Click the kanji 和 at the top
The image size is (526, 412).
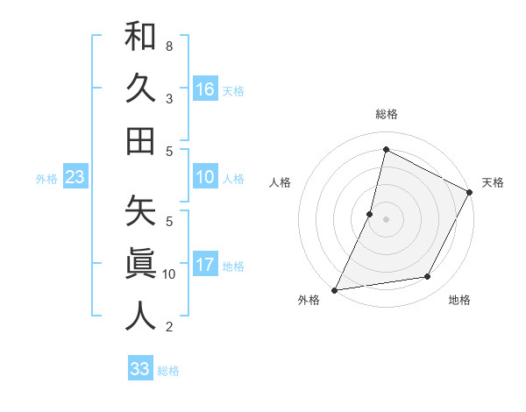(140, 37)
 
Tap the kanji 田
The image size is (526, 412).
(140, 140)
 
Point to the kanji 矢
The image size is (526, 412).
(140, 211)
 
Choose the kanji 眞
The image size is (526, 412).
(140, 263)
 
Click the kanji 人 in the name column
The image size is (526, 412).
(140, 316)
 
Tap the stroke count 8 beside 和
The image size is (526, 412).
(169, 46)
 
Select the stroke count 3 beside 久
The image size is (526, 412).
(169, 98)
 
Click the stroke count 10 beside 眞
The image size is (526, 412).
(169, 274)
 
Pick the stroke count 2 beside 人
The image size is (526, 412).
(169, 327)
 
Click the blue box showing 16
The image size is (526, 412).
(205, 89)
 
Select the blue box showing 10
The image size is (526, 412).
(205, 177)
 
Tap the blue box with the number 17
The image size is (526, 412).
(205, 265)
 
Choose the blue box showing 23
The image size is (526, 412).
(75, 177)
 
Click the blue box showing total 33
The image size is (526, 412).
(140, 369)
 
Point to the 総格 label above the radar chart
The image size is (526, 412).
(386, 114)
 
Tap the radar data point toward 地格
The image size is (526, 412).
(428, 277)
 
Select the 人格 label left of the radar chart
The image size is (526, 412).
(281, 182)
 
